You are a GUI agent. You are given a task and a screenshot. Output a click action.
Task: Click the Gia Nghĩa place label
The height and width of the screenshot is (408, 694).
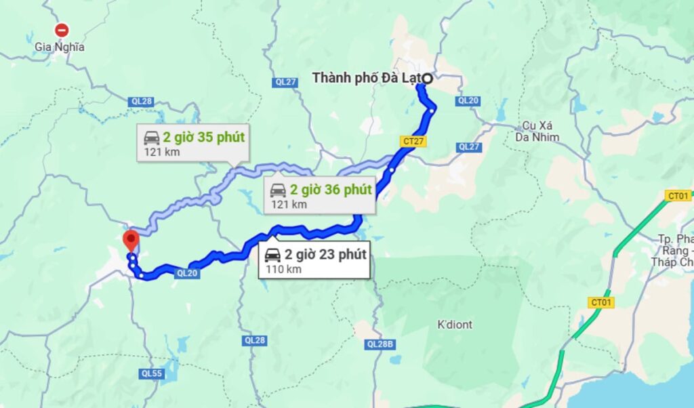pos(60,47)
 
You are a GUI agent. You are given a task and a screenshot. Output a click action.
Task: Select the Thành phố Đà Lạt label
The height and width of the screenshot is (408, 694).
pos(365,78)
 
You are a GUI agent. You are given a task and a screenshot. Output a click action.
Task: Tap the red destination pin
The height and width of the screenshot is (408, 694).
pos(130,241)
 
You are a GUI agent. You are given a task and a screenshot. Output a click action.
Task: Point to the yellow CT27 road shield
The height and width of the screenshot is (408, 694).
pos(412,141)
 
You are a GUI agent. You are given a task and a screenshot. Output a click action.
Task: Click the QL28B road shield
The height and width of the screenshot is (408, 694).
pos(380,344)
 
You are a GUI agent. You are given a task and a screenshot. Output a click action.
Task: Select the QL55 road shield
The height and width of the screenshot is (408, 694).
pos(151,373)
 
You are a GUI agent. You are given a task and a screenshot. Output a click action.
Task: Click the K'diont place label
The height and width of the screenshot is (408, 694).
pos(455,325)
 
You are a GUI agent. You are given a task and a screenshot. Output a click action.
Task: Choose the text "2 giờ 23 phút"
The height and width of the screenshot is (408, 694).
pos(325,255)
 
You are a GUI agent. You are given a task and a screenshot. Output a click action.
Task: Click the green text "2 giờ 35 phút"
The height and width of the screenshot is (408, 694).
pos(203,138)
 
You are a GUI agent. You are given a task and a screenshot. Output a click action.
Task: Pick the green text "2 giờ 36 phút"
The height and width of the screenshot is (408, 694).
pos(331,189)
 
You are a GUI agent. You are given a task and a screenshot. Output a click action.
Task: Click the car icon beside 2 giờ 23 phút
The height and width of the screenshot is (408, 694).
pos(272,256)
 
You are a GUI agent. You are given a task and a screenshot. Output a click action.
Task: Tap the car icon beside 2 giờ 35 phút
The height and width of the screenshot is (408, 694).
pos(151,138)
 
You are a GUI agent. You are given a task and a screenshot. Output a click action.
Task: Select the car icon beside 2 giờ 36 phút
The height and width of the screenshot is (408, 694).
pos(278,189)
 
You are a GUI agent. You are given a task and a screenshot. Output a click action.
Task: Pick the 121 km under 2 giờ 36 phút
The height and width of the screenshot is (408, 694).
pos(289,204)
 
